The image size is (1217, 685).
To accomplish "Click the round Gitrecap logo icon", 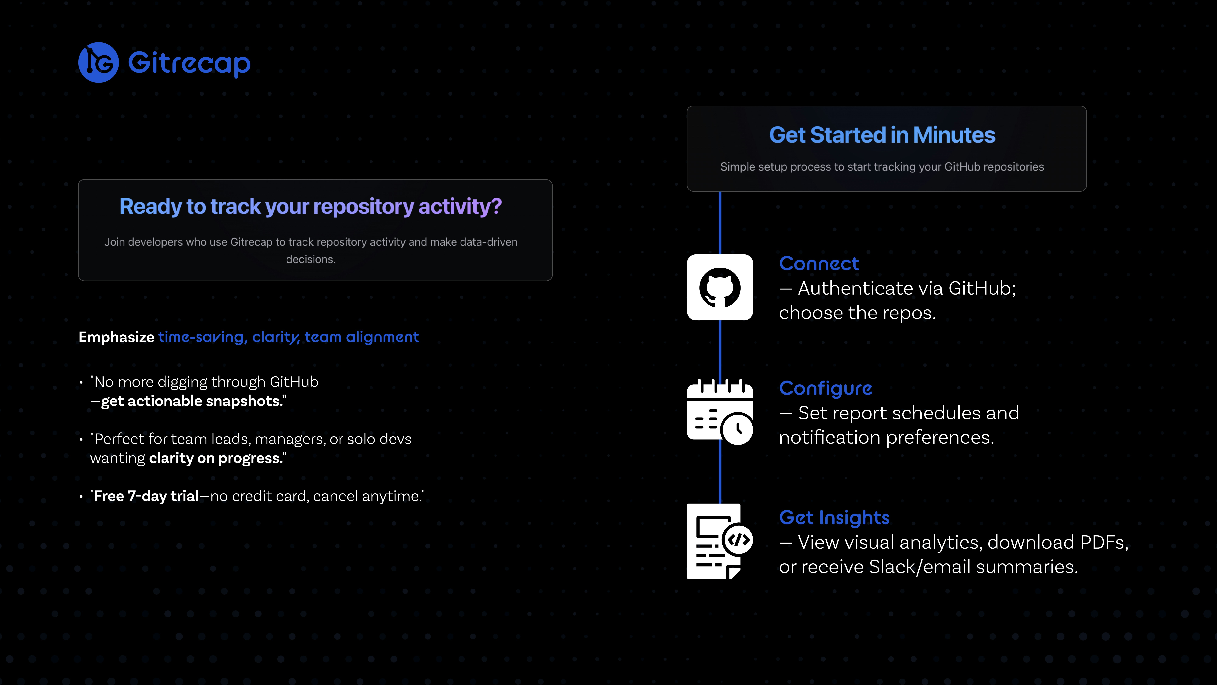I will tap(98, 62).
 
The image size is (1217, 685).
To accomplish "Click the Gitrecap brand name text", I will tap(189, 63).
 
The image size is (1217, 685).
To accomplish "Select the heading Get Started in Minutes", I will tap(882, 135).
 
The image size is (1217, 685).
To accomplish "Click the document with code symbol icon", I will tap(720, 541).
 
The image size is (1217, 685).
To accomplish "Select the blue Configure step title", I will tap(825, 388).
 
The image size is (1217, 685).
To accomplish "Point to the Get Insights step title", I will tap(834, 518).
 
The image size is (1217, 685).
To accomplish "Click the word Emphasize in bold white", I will tap(116, 337).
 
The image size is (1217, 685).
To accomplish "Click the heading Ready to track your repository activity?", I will tap(310, 207).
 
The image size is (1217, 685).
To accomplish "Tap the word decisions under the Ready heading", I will tap(310, 260).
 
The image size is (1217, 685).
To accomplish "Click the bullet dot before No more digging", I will tap(81, 382).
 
